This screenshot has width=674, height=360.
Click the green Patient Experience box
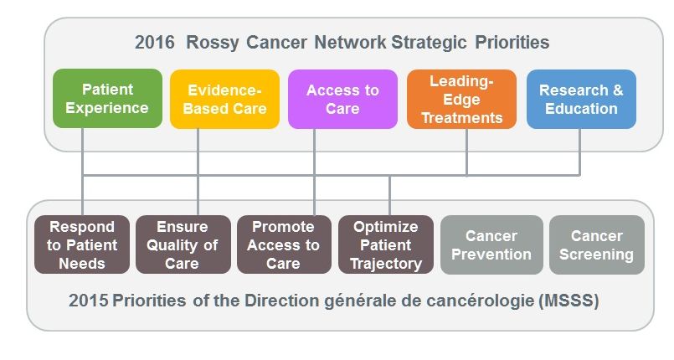[107, 99]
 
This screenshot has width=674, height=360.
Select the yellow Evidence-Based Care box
[225, 99]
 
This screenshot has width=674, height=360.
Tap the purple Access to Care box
[342, 99]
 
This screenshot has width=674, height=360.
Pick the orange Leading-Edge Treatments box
[461, 99]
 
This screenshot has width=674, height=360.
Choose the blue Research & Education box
[581, 99]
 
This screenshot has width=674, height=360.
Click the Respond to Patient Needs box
[82, 244]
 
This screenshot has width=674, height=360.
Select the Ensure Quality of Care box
[183, 244]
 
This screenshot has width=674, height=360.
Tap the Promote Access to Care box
[284, 244]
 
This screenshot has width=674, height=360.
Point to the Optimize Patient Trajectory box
[386, 244]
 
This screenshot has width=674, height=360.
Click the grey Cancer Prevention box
[491, 244]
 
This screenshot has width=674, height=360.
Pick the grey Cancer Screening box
[597, 244]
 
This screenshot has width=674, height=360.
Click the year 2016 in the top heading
[155, 43]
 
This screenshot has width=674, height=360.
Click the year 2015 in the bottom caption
[89, 301]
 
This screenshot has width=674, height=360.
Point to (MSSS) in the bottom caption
[569, 301]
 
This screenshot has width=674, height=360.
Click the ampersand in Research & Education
[618, 90]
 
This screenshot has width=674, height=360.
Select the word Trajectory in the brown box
[386, 264]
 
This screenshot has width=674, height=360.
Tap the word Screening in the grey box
[597, 255]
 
